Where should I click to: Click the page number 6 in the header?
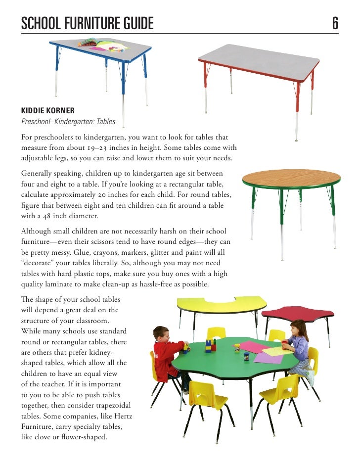coord(335,23)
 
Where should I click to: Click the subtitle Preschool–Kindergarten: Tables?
coord(68,121)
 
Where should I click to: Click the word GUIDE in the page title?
coord(134,23)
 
